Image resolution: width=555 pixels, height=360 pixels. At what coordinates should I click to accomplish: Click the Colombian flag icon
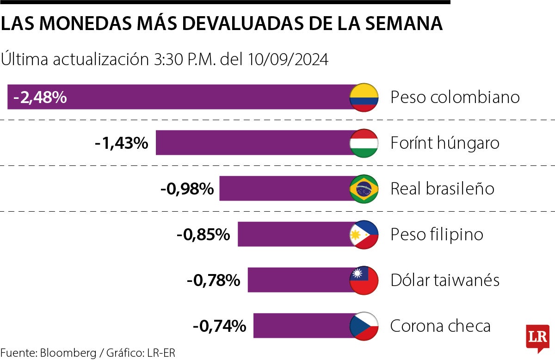(364, 98)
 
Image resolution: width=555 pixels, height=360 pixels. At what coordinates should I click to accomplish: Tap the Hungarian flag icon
(364, 143)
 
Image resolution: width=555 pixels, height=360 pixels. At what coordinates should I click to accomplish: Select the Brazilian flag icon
(364, 189)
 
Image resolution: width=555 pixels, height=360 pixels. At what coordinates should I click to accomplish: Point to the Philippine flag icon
(364, 234)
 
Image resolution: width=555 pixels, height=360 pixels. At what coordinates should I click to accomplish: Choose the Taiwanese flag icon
(364, 280)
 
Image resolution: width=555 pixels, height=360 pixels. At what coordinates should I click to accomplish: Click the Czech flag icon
(364, 326)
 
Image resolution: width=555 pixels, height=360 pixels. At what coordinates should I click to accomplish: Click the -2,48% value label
(40, 98)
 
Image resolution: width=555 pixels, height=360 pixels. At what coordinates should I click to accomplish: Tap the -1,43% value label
(121, 143)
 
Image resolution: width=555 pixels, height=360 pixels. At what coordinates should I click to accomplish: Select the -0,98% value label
(187, 189)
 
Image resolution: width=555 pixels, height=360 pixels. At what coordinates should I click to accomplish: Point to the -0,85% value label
(203, 234)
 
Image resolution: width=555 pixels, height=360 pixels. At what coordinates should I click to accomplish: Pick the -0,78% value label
(213, 280)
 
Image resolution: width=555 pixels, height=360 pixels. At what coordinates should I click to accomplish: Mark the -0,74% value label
(219, 326)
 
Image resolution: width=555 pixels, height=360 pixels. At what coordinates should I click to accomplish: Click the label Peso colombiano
(455, 98)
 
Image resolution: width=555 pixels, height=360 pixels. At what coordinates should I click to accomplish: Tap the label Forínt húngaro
(445, 143)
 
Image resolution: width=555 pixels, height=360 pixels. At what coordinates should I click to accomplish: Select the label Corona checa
(440, 326)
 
